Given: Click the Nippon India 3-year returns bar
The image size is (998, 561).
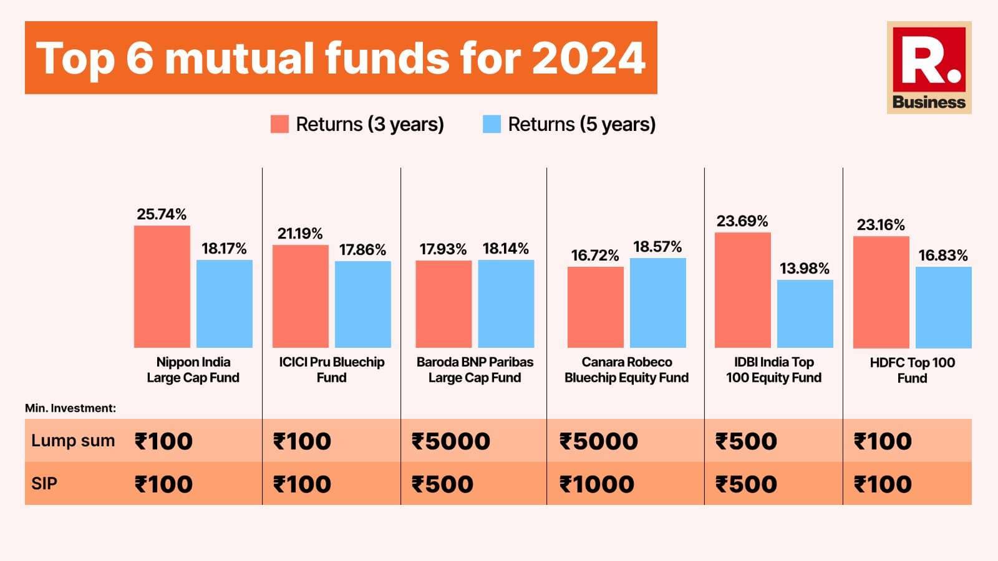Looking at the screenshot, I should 162,287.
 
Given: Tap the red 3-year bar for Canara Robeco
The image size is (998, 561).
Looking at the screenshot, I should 595,307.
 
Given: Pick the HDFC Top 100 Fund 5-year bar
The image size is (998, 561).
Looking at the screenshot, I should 943,307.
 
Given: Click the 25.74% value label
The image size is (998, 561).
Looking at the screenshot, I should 162,214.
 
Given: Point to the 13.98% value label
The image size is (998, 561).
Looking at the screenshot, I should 805,269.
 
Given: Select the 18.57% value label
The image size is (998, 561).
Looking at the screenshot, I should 657,247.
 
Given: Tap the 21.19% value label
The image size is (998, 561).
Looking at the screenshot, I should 300,234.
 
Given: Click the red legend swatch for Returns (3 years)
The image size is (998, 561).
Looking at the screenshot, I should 279,124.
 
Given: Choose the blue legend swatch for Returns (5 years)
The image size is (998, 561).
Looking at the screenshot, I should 492,124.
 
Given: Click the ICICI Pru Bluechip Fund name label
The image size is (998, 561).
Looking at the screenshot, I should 331,370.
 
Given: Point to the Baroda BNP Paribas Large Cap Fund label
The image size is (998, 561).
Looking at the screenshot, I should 475,370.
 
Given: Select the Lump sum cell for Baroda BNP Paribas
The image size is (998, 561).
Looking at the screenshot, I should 451,441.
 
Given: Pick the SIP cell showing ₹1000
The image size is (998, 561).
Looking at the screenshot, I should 597,484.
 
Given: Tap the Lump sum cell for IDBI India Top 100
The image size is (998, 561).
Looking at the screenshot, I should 746,441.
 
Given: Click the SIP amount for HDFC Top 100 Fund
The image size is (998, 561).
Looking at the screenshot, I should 883,484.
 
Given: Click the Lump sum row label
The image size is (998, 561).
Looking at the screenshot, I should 73,441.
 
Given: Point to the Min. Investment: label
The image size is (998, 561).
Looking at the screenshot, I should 70,408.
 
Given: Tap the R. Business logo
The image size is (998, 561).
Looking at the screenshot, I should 929,68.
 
